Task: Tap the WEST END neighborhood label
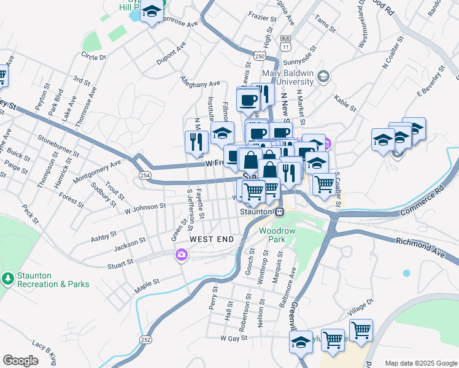coord(212,239)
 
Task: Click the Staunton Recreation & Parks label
coord(53,280)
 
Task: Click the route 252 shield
coord(145,339)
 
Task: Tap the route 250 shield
coord(260,56)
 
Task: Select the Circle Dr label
coord(93,56)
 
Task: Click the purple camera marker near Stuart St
coord(181,255)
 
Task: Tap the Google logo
coord(21,361)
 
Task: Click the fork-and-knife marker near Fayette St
coord(195,142)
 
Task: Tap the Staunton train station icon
coord(279,212)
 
